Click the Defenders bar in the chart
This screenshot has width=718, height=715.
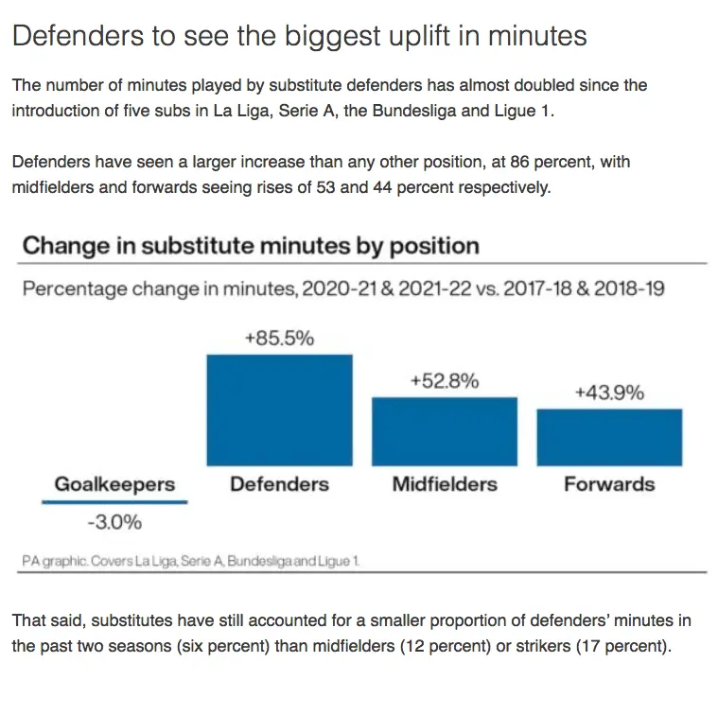(x=279, y=410)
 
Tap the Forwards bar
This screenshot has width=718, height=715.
(x=609, y=437)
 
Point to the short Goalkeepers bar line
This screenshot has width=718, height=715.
(x=114, y=502)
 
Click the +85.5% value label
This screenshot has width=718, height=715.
(x=279, y=338)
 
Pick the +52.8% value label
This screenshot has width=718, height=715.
(x=444, y=381)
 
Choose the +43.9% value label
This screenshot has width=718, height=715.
(x=609, y=392)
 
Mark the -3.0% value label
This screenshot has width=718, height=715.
(x=114, y=521)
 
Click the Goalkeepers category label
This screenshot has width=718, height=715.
(x=114, y=484)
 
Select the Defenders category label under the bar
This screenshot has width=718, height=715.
(x=279, y=484)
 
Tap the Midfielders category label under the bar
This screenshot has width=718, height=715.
(x=444, y=484)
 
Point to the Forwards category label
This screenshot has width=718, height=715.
(x=609, y=484)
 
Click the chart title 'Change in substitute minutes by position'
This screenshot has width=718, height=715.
(x=250, y=247)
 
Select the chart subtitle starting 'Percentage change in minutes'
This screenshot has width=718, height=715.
(x=342, y=288)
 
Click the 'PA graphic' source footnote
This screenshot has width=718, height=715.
(x=190, y=561)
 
